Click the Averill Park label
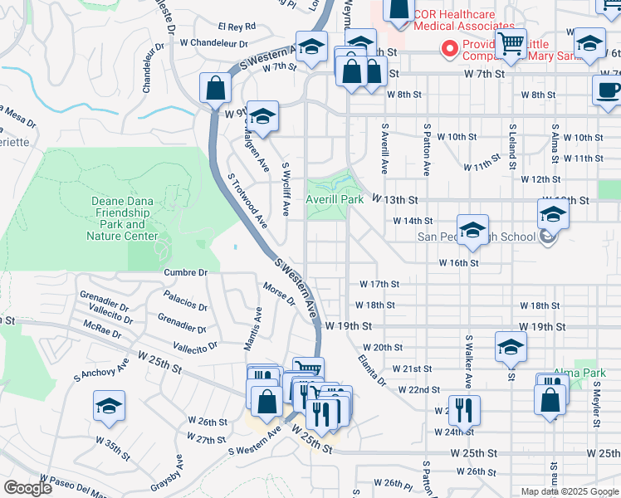335,200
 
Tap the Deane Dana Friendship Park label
122,218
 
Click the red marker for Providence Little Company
450,50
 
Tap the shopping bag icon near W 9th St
216,87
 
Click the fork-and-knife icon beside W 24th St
463,409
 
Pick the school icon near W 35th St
109,406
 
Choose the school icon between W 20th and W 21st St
511,347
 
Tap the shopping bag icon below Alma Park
552,401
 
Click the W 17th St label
379,284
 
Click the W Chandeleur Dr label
213,42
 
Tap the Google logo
27,488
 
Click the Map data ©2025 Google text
570,491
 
